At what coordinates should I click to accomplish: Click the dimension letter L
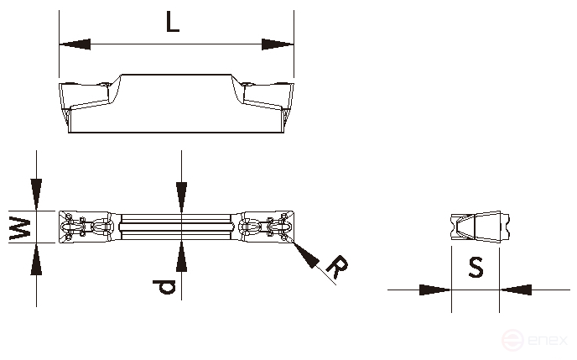[x=172, y=23]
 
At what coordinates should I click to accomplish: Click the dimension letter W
[x=21, y=227]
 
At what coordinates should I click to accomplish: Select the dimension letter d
[x=167, y=287]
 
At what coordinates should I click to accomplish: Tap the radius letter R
[x=336, y=267]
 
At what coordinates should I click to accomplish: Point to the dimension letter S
[x=476, y=268]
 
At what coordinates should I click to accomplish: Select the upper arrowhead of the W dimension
[x=37, y=194]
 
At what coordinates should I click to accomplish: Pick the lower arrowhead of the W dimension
[x=37, y=260]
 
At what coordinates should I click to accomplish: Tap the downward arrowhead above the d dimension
[x=181, y=196]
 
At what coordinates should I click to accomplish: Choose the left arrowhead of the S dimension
[x=434, y=290]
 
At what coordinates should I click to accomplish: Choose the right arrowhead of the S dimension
[x=517, y=290]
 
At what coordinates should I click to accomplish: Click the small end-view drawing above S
[x=476, y=227]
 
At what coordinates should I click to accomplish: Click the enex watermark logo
[x=536, y=340]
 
